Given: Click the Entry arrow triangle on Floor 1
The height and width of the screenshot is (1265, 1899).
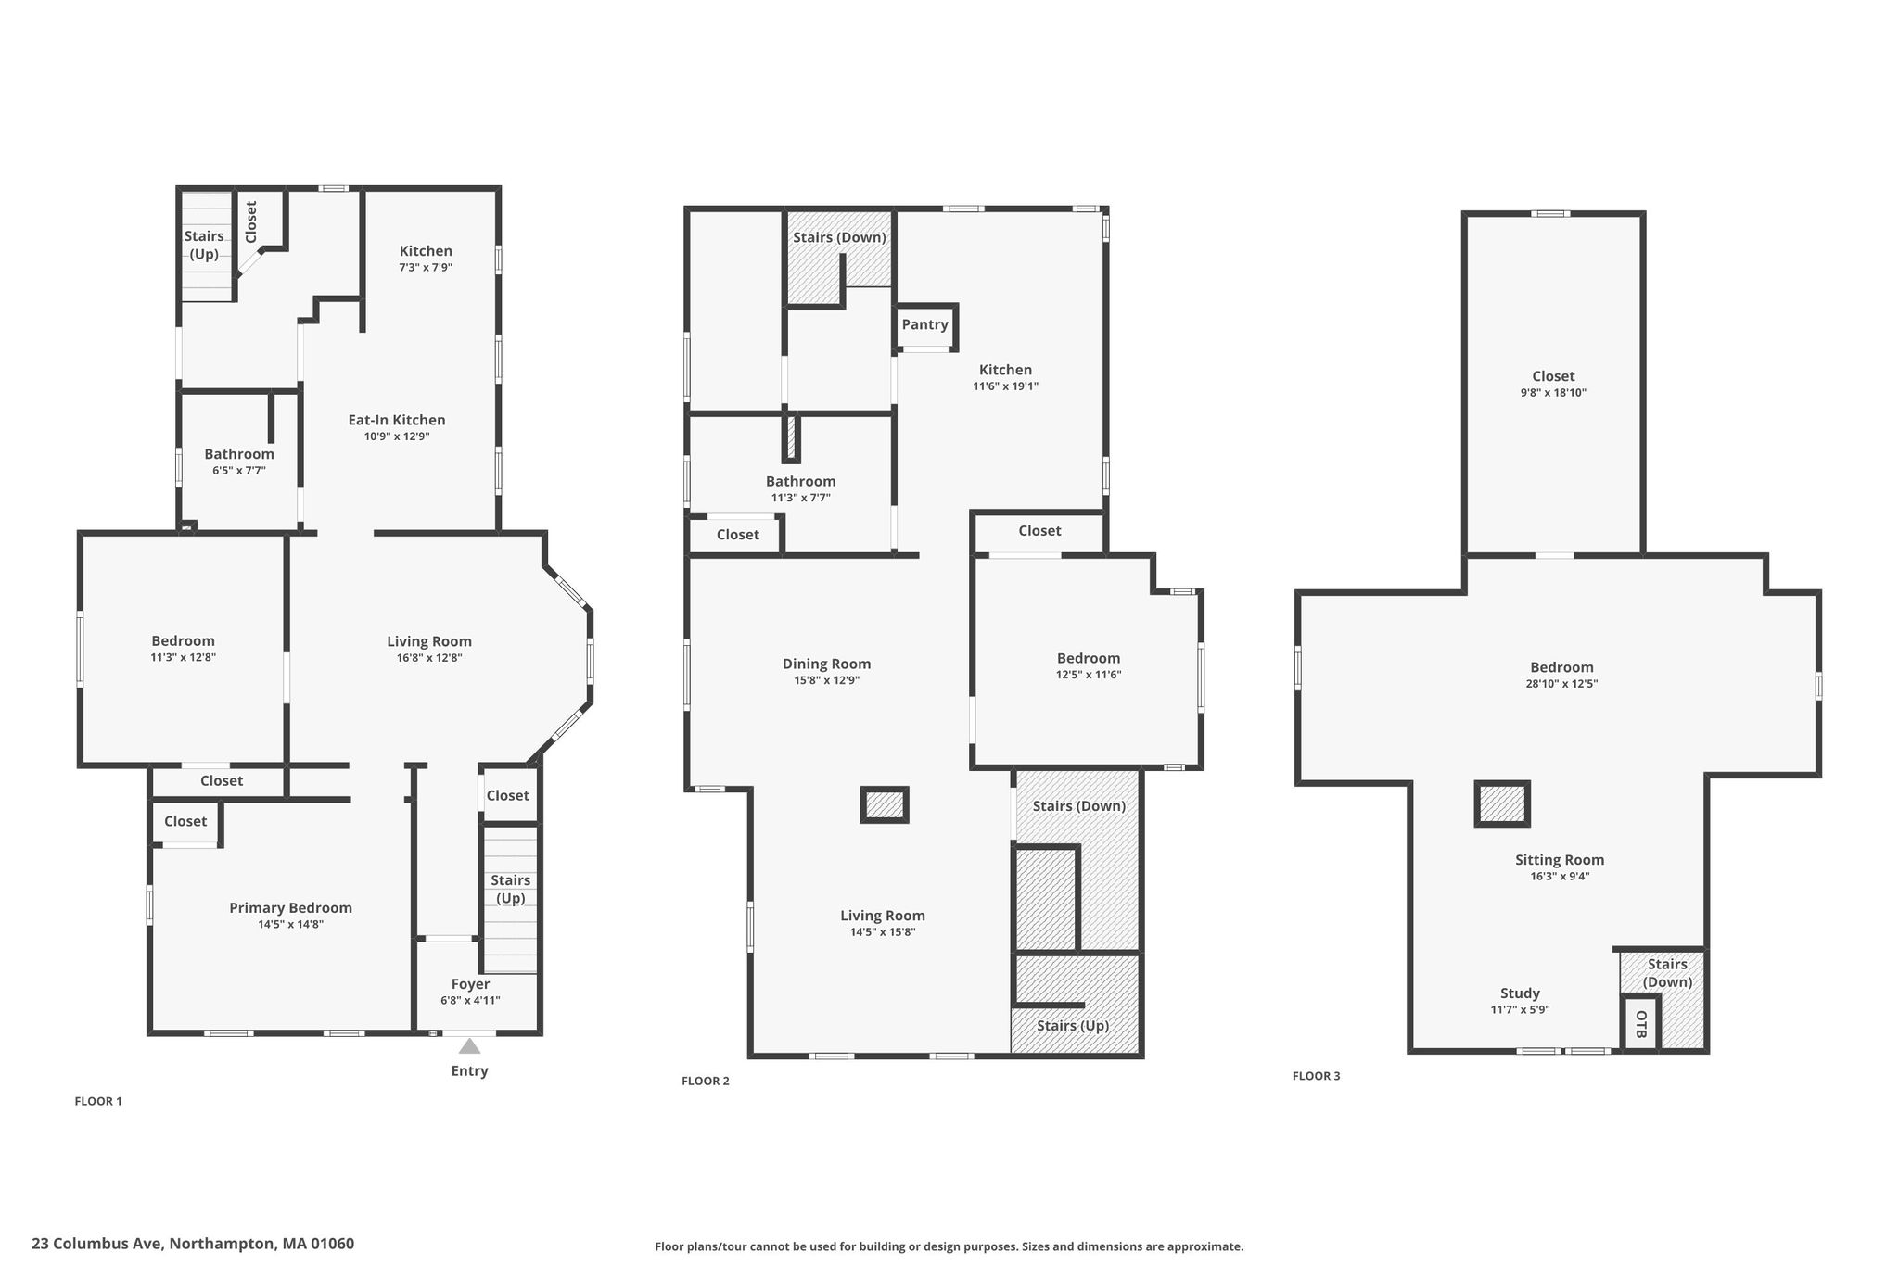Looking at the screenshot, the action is point(470,1046).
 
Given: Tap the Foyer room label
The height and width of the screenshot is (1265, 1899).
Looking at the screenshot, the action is point(470,984).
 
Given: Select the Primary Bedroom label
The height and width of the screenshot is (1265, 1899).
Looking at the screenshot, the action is point(291,908).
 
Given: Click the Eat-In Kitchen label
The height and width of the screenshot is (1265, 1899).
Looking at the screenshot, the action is point(397,420).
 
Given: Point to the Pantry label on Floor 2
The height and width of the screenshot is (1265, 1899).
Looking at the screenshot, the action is point(925,324).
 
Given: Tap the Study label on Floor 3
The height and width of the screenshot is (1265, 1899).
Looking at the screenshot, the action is point(1520,993).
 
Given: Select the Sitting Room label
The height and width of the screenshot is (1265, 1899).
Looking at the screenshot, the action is point(1560,860).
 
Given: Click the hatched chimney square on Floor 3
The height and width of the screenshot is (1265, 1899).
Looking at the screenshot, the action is point(1502,803).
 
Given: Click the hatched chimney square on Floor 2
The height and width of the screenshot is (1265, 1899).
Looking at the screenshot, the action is point(885,804).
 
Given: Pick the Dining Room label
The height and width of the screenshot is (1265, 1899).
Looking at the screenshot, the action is point(826,664).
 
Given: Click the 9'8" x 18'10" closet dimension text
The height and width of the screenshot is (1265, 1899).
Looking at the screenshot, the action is point(1553,393).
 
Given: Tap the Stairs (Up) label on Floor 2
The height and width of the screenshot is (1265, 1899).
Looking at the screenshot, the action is point(1073,1026).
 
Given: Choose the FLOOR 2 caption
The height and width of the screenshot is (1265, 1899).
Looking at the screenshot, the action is point(706,1081).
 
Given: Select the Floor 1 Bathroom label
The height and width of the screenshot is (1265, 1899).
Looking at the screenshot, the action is point(239,454).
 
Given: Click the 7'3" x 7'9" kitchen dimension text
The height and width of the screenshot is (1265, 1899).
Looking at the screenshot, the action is point(426,267).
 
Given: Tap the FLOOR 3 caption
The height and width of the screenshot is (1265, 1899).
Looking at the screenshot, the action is point(1317,1076).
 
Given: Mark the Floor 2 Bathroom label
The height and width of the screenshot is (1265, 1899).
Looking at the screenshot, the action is point(800,481).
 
